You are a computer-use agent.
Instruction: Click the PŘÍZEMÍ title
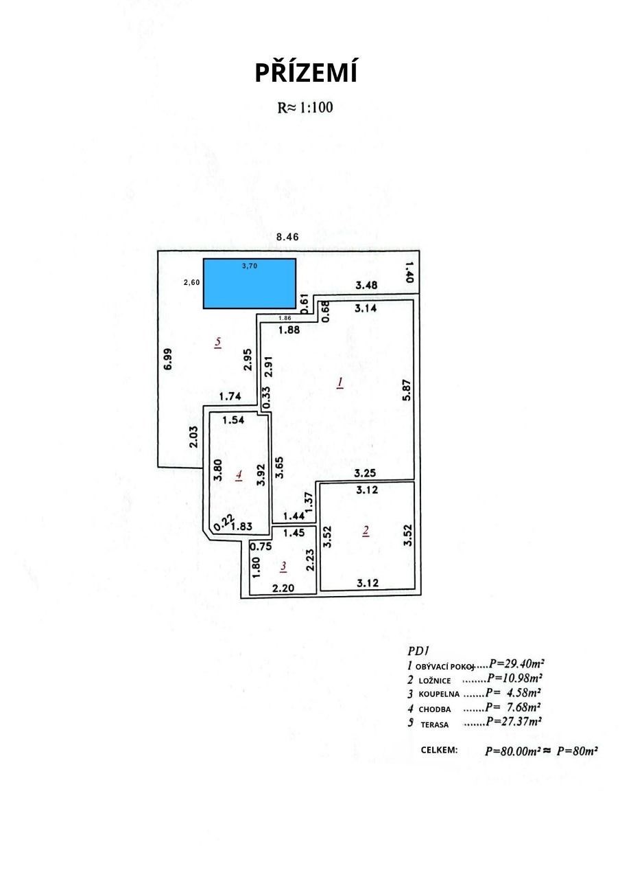pos(306,73)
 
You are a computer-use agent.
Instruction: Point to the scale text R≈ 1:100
pos(305,108)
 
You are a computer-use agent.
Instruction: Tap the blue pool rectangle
pos(249,284)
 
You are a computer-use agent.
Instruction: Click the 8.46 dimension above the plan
pos(287,237)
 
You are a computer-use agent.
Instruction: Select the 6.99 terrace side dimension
pos(168,359)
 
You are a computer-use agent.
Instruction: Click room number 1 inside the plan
pos(340,383)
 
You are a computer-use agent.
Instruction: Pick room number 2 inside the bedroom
pos(366,531)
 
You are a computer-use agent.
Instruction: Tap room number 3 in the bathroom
pos(284,567)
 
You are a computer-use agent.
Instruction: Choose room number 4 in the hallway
pos(239,476)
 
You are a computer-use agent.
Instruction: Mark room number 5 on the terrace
pos(218,342)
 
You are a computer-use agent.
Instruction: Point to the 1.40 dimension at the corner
pos(409,272)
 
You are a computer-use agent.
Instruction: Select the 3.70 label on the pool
pos(250,266)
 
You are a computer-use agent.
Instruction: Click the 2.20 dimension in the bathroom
pos(283,588)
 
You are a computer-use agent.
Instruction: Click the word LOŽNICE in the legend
pos(435,681)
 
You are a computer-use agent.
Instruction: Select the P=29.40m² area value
pos(516,663)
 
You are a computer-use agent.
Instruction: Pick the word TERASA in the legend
pos(435,724)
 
